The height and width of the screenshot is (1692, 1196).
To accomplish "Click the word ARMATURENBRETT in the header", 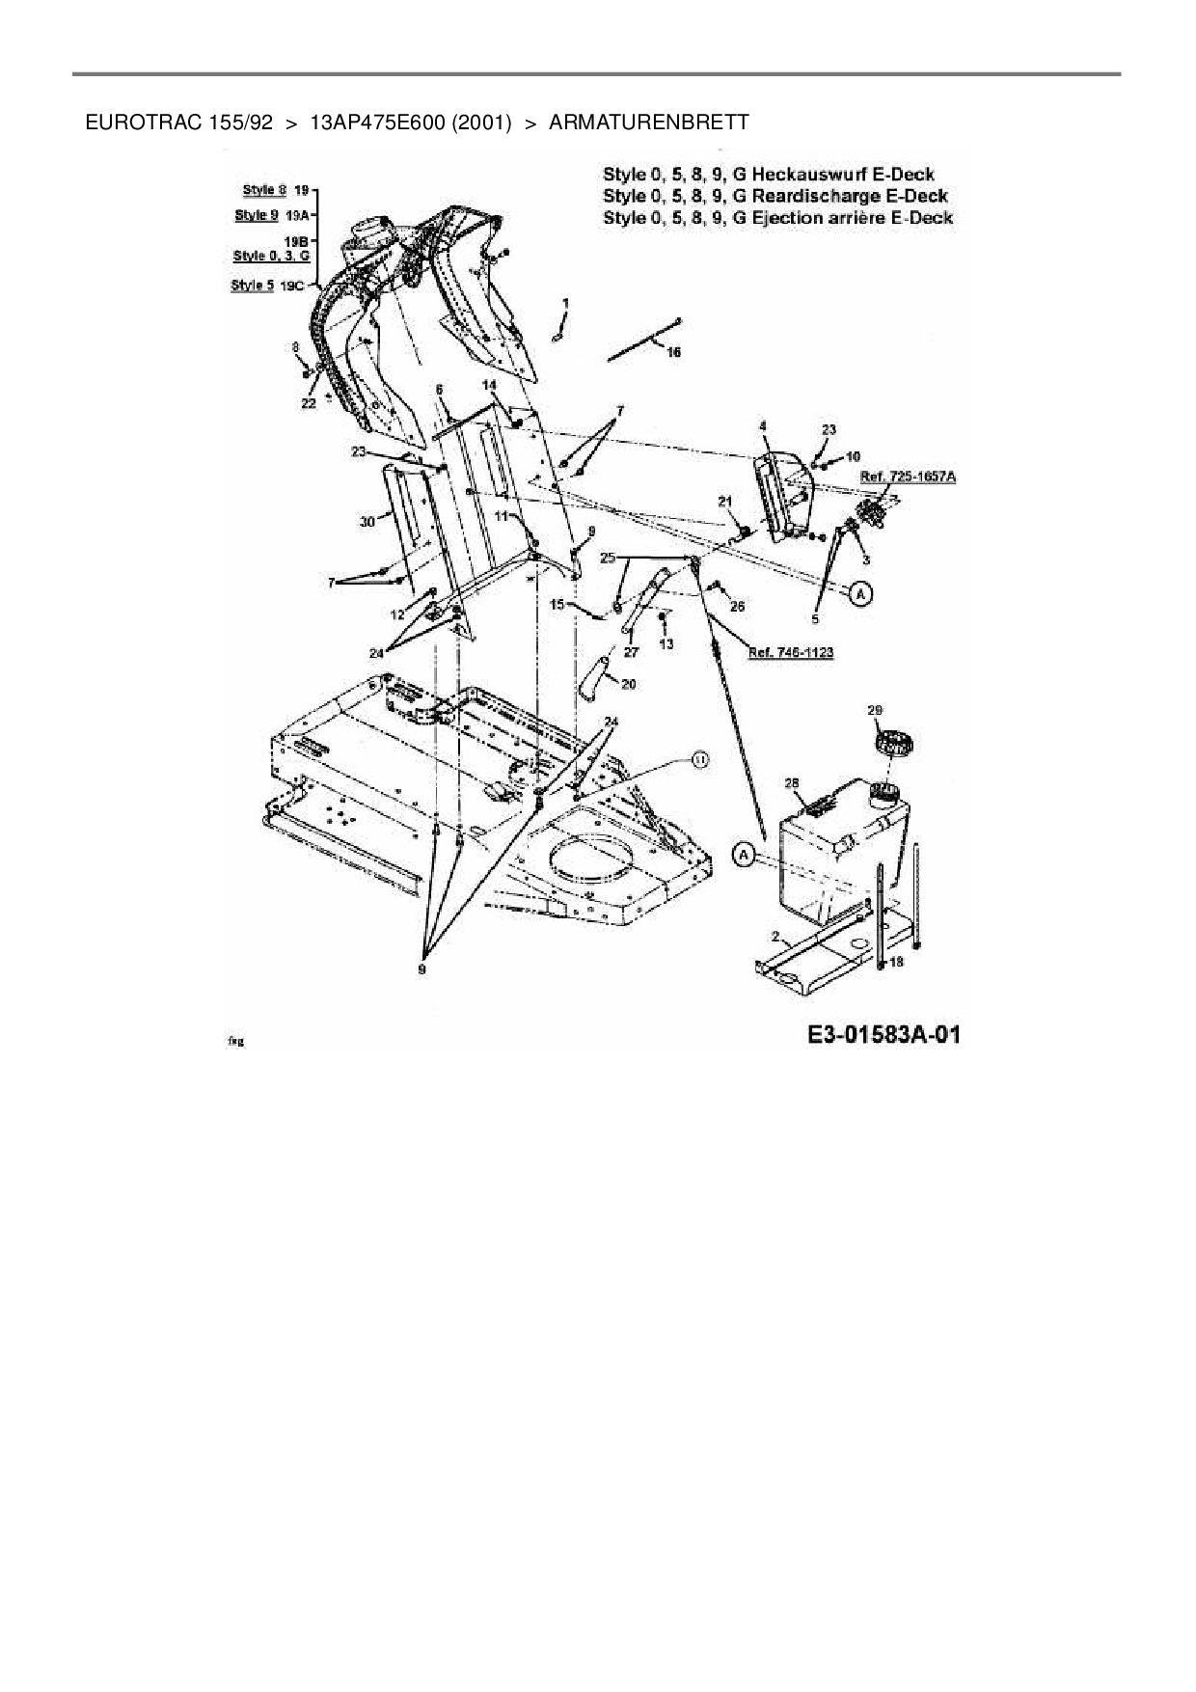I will click(648, 123).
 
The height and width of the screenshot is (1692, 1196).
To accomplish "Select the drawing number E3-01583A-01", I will click(883, 1036).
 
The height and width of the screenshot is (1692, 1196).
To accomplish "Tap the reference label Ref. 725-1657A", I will click(908, 477).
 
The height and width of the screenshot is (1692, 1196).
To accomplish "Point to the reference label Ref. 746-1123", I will click(791, 652).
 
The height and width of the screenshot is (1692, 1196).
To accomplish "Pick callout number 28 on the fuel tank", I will click(793, 783).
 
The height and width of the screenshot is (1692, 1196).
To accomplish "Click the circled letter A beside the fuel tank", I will click(743, 854).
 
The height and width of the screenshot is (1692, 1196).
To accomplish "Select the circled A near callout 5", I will click(860, 594).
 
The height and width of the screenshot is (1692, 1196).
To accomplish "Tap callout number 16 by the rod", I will click(673, 353).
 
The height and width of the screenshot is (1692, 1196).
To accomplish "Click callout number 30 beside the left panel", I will click(367, 522).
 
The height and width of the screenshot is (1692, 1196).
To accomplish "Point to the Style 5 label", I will click(253, 286).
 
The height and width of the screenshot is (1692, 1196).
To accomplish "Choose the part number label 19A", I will click(296, 216).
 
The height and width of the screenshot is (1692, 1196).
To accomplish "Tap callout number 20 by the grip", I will click(628, 684).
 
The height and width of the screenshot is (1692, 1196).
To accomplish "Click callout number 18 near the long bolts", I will click(895, 962).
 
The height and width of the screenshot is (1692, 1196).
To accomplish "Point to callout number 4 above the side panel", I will click(763, 425).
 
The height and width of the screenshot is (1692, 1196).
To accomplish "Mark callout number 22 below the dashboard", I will click(308, 404).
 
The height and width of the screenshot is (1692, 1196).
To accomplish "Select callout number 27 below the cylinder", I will click(631, 653).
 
